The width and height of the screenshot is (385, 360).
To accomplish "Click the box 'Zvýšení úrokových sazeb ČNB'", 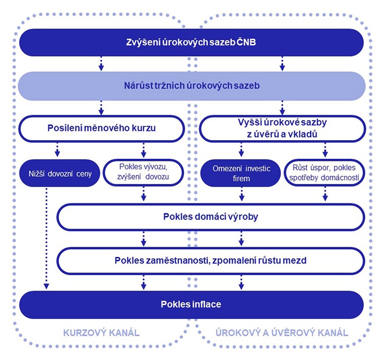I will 191,42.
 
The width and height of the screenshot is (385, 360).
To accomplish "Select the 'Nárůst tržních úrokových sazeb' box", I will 191,86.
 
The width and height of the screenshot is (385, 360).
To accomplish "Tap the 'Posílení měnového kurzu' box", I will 101,128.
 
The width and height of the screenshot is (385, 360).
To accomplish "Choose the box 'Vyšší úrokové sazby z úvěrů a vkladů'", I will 282,128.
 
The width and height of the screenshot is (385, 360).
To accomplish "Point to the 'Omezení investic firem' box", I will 241,173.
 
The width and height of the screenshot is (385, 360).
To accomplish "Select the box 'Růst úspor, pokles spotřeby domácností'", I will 325,173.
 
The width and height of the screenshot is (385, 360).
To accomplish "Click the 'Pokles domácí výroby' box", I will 211,217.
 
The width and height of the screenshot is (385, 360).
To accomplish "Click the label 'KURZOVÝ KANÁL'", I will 101,333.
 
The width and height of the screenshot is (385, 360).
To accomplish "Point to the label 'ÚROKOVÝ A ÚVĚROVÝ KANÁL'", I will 282,333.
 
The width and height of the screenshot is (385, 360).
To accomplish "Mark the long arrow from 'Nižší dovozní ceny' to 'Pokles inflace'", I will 47,238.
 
